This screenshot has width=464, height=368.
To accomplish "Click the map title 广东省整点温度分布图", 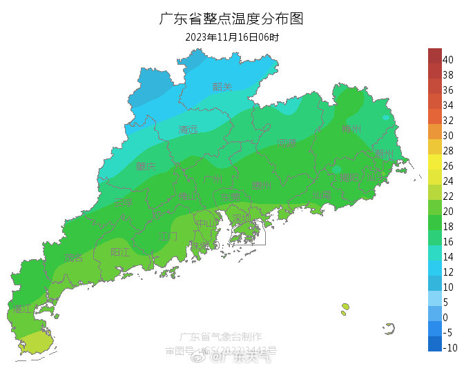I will pyautogui.click(x=231, y=19).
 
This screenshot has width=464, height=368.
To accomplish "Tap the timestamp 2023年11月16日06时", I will pyautogui.click(x=231, y=37).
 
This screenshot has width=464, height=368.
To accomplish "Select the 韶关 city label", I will pyautogui.click(x=222, y=87).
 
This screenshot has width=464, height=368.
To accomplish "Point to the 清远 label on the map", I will pyautogui.click(x=188, y=130).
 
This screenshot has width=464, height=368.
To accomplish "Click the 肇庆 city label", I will pyautogui.click(x=146, y=166).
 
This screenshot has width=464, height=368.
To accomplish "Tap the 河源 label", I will pyautogui.click(x=286, y=143).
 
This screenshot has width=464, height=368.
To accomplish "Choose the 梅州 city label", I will pyautogui.click(x=351, y=129).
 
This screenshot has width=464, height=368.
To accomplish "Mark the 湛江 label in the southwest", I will pyautogui.click(x=21, y=308).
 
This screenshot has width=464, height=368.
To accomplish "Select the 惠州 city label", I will pyautogui.click(x=260, y=185).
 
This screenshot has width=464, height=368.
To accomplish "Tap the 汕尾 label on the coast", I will pyautogui.click(x=321, y=196).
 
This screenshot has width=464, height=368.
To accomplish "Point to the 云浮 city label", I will pyautogui.click(x=123, y=203).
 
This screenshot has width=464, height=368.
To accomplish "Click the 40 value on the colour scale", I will pyautogui.click(x=447, y=60).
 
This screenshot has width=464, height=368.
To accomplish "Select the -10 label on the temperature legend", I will pyautogui.click(x=449, y=348).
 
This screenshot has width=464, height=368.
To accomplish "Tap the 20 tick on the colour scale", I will pyautogui.click(x=447, y=212).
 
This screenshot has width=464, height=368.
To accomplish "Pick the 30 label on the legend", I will pyautogui.click(x=447, y=136).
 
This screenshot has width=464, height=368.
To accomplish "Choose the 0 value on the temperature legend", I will pyautogui.click(x=445, y=318).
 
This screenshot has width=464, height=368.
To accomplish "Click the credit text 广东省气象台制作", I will pyautogui.click(x=220, y=337).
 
